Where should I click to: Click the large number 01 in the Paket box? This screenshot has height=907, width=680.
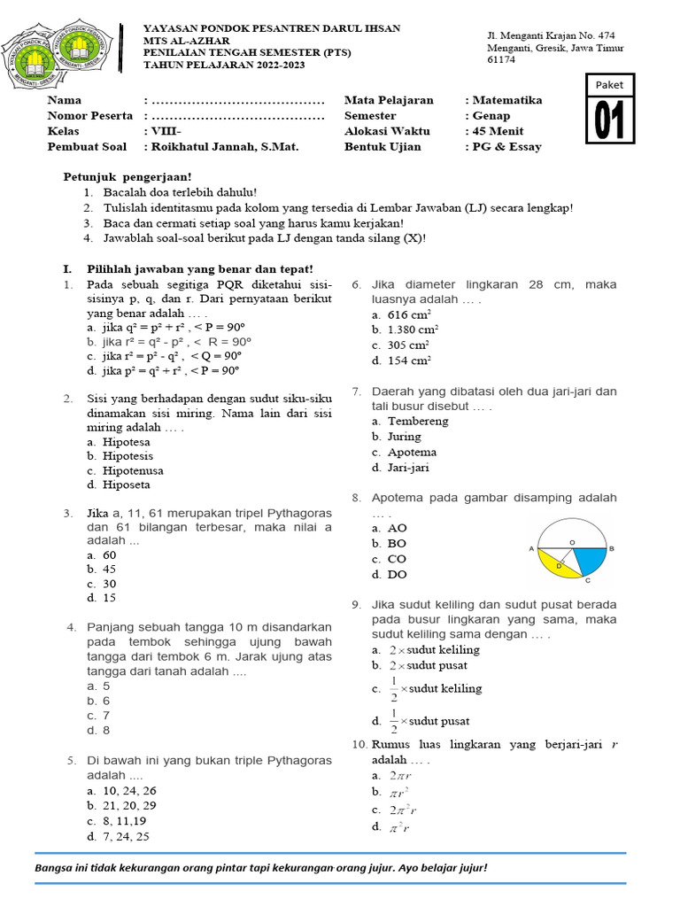coord(610,120)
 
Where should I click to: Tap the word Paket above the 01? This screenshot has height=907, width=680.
coord(610,85)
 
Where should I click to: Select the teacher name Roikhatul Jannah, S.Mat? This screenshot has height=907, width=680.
coord(225,147)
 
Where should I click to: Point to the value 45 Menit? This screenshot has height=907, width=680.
coord(498,131)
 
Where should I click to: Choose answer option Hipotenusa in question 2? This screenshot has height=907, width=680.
coord(133,470)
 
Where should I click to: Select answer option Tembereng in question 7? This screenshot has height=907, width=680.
coord(418,421)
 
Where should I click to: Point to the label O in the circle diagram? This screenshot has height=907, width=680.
coord(572,540)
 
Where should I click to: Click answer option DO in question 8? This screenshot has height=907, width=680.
coord(397,575)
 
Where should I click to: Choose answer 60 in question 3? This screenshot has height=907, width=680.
coord(110,555)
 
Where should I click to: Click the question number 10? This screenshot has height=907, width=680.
coord(359,744)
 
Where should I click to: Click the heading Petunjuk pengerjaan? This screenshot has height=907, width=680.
coord(127,177)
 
